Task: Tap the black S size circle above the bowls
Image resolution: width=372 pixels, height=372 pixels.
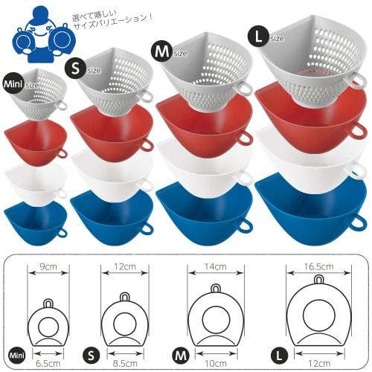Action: coord(75,68)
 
